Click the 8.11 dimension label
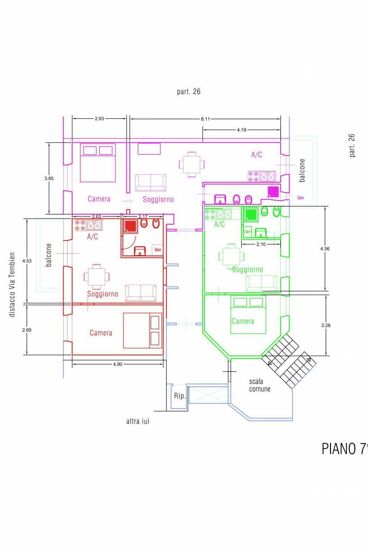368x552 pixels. [205, 119]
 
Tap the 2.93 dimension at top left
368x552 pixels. [99, 119]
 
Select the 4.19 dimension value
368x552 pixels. [241, 130]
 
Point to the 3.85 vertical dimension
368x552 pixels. [49, 178]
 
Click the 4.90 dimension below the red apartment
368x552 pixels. [118, 364]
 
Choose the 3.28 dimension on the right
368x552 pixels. [326, 326]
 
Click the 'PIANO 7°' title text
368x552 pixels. [345, 449]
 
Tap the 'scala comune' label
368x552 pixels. [259, 385]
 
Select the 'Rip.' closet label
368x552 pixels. [180, 396]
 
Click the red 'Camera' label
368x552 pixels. [101, 333]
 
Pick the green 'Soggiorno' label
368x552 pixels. [248, 270]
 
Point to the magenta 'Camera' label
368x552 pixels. [99, 199]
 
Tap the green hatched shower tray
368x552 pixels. [251, 215]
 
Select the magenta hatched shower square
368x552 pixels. [273, 192]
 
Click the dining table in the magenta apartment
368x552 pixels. [192, 164]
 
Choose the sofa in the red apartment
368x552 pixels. [141, 293]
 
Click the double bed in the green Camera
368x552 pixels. [248, 315]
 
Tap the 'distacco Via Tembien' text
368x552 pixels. [12, 284]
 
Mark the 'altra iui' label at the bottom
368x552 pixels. [138, 422]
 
